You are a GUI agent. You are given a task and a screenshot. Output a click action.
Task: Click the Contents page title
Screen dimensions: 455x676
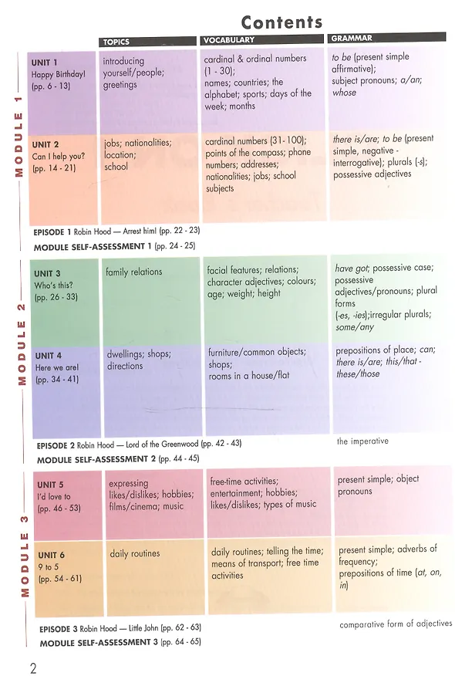point(281,22)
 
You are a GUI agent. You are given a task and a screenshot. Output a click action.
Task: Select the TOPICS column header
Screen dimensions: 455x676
point(116,42)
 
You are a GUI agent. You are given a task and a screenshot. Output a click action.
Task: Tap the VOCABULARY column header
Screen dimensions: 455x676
point(229,40)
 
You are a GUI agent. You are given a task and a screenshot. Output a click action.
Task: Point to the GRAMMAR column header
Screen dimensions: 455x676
point(352,38)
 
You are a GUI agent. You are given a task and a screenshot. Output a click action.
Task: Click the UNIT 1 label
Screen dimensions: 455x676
point(45,63)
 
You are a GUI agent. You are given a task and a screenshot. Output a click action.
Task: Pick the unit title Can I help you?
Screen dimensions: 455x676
point(58,156)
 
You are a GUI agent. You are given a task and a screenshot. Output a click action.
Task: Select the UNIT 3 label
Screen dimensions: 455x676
point(47,273)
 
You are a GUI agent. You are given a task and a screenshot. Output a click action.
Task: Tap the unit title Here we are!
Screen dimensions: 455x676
point(57,367)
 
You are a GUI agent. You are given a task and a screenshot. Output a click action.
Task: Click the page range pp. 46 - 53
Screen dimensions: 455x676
point(59,509)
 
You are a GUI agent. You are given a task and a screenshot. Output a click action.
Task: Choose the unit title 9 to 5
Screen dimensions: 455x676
point(49,567)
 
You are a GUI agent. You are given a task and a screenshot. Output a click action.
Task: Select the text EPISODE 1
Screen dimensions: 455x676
point(52,232)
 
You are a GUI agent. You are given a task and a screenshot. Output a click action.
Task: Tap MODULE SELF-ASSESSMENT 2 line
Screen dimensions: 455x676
point(118,459)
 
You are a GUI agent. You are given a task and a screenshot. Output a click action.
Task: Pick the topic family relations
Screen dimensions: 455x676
point(134,272)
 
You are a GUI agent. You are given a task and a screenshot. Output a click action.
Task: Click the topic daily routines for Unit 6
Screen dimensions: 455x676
point(135,553)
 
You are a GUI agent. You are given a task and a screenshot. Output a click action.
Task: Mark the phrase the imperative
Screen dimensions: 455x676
point(362,441)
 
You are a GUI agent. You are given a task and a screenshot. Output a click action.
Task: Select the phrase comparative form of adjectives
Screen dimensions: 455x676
point(396,624)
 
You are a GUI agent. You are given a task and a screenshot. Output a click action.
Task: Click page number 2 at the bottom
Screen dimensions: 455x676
point(33,668)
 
